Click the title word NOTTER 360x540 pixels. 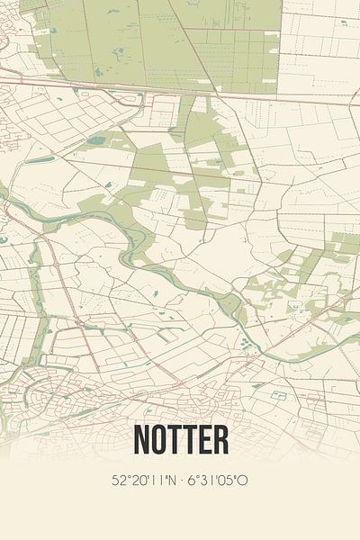180,439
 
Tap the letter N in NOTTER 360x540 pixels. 143,439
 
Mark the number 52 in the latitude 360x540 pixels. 119,481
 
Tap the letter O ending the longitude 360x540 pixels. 243,481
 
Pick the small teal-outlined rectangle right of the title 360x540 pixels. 272,394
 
